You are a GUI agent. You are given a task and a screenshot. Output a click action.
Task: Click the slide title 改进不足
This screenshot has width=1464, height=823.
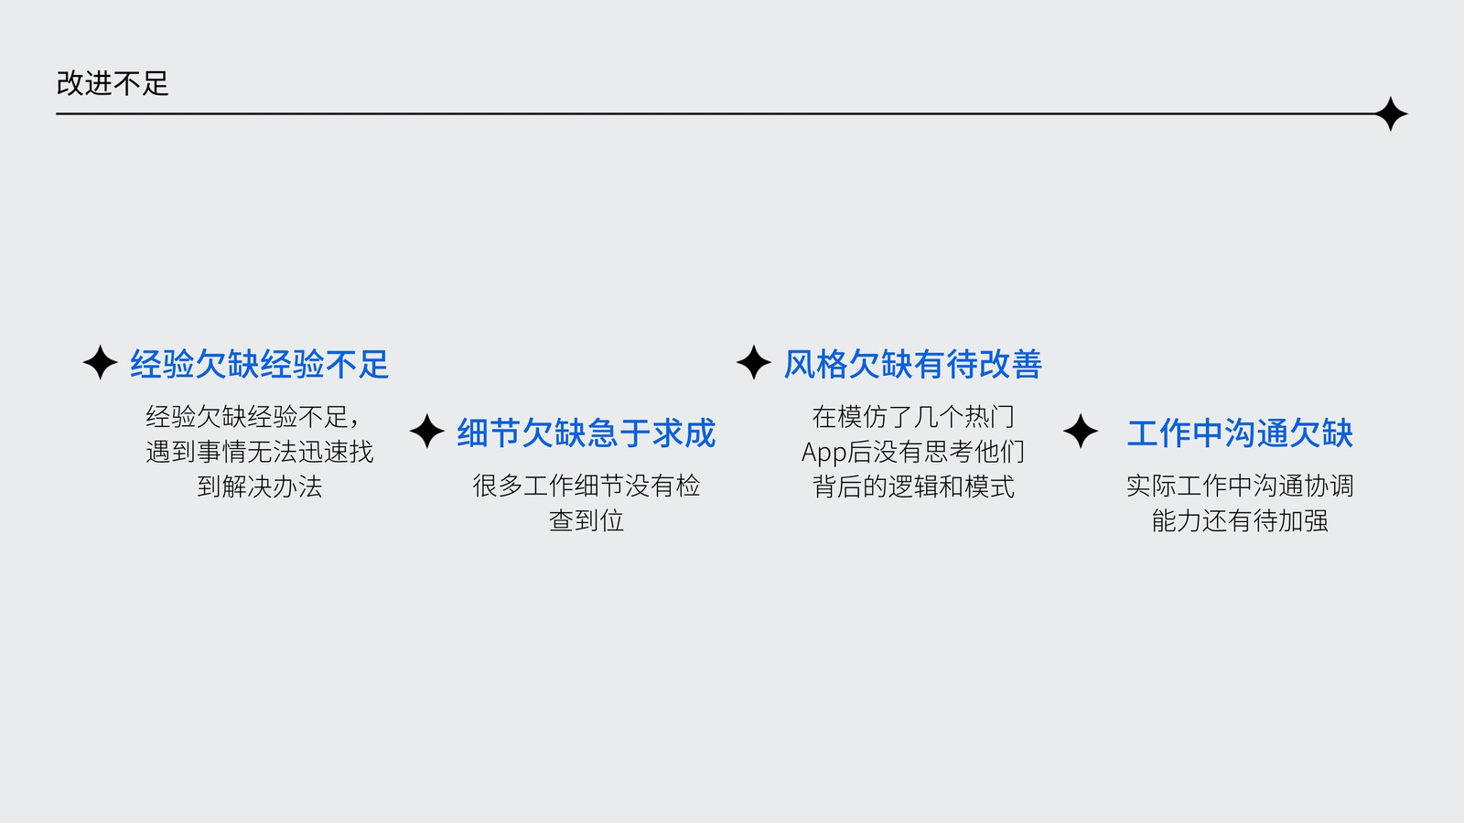click(x=113, y=83)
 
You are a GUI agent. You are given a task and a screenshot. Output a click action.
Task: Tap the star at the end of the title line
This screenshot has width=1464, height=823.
click(x=1390, y=113)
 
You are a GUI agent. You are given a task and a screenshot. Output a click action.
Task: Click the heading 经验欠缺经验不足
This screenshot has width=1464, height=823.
click(x=260, y=364)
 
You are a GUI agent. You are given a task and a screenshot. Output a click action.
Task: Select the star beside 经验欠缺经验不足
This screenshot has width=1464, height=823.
click(x=100, y=362)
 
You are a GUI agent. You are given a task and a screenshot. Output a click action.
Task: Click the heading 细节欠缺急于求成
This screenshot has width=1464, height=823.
click(x=587, y=433)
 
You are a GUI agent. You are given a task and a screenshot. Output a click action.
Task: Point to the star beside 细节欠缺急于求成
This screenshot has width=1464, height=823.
click(x=426, y=431)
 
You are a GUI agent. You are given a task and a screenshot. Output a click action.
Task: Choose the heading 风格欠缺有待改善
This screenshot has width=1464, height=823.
click(x=913, y=364)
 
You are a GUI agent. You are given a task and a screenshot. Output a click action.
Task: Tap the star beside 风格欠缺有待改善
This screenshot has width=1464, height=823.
click(x=754, y=362)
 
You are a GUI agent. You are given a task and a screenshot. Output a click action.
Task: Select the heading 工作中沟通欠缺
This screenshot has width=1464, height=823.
click(x=1240, y=433)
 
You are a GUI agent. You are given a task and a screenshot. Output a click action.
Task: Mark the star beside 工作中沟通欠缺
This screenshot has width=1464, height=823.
click(x=1081, y=431)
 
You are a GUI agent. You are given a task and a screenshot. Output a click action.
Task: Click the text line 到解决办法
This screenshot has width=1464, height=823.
click(x=260, y=486)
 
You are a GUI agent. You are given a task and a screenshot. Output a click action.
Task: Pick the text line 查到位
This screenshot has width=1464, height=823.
click(x=587, y=520)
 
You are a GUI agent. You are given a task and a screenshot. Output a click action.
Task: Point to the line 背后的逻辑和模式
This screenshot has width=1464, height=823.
click(x=913, y=486)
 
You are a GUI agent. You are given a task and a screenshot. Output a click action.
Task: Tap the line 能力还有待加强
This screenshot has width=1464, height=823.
click(x=1240, y=520)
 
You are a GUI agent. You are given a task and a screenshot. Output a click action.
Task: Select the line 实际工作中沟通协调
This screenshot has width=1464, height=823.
click(x=1240, y=486)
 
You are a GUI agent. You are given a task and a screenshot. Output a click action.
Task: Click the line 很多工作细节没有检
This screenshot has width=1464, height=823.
click(x=587, y=486)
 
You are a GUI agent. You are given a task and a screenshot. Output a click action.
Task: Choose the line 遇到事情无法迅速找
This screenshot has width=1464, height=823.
click(x=260, y=452)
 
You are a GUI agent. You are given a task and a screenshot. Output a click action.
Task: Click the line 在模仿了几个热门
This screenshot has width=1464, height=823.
click(x=913, y=417)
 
